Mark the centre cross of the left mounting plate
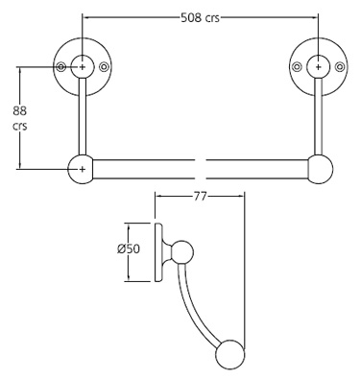(84, 66)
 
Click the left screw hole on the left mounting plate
(62, 66)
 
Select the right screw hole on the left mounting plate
(105, 66)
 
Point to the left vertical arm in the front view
(84, 120)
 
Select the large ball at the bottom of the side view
(230, 354)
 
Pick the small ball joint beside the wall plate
(181, 255)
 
